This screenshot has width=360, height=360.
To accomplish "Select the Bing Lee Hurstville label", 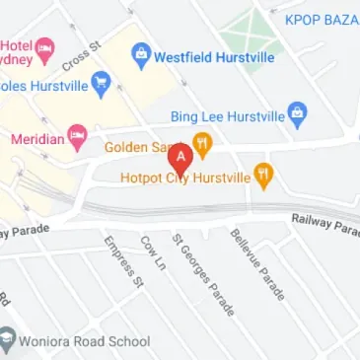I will tap(227, 115).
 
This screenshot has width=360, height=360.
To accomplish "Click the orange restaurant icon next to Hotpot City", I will tap(263, 177).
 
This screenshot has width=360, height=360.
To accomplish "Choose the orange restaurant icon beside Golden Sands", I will tap(203, 145).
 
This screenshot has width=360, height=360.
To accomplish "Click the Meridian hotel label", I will tap(36, 138).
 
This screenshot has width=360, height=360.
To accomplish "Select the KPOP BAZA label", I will tap(322, 20).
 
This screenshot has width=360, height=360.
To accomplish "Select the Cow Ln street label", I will tap(150, 252).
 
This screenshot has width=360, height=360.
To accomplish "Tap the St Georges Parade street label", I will tap(203, 274).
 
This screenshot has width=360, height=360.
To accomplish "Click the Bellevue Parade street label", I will tap(257, 263).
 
